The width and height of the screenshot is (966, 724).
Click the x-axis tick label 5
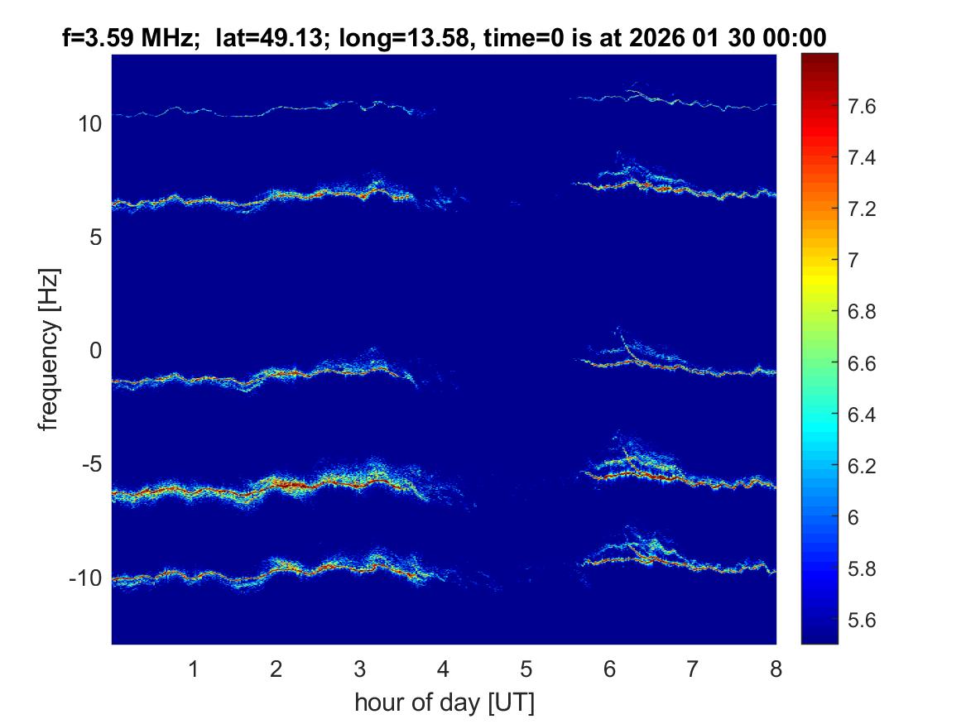point(526,669)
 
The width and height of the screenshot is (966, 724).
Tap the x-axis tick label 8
point(776,669)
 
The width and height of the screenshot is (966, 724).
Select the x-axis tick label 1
point(193,669)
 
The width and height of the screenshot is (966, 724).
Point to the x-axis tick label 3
point(359,669)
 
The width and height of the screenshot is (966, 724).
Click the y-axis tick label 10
point(89,124)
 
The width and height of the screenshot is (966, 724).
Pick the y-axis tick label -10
point(85,578)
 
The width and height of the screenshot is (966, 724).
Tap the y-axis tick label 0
point(95,351)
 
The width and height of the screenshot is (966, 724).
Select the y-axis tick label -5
point(90,464)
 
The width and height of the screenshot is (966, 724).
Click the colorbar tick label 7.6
point(865,106)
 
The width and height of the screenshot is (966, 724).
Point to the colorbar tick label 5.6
point(865,620)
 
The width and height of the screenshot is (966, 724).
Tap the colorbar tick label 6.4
point(865,414)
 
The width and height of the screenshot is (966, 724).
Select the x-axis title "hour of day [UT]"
point(444,703)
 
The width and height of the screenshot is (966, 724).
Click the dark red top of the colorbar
point(819,60)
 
